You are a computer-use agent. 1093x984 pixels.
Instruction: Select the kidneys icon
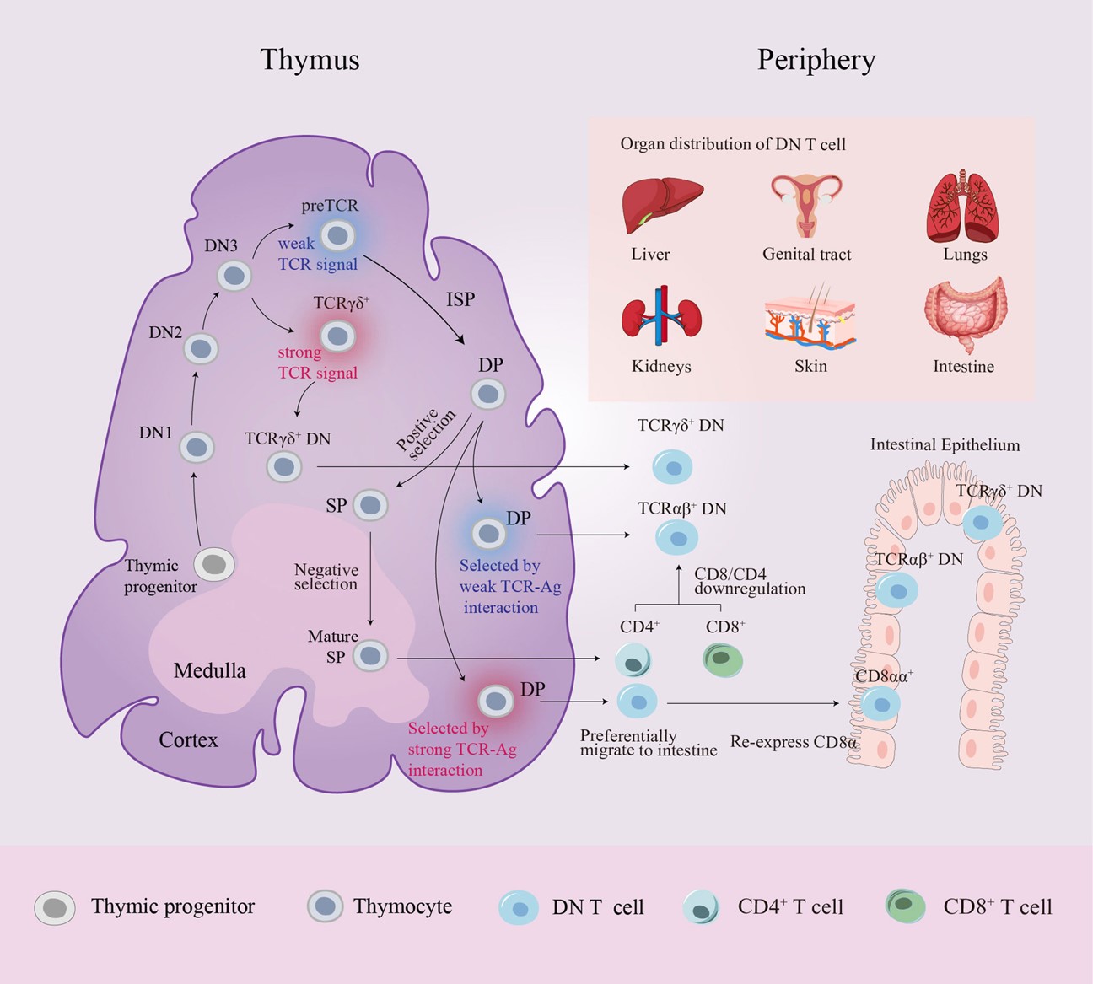[662, 318]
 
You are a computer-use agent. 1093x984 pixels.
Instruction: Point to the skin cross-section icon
[810, 319]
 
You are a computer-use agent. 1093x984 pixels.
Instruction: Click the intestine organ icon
[965, 315]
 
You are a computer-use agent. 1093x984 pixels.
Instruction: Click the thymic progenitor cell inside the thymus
[215, 564]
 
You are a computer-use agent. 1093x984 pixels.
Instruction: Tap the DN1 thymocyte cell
[197, 447]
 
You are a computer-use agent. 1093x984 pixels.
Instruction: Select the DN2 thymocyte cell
[202, 348]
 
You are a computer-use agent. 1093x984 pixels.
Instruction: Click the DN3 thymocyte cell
[234, 276]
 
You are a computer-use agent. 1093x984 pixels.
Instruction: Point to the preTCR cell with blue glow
[337, 236]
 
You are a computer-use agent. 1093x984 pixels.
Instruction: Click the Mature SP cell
[370, 656]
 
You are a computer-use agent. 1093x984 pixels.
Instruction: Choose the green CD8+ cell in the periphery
[723, 660]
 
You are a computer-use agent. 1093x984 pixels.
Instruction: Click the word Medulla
[209, 671]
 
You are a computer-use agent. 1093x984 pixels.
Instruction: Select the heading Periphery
[816, 60]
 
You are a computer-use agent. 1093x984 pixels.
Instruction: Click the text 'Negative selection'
[326, 578]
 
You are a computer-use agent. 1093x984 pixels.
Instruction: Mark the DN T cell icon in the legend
[520, 907]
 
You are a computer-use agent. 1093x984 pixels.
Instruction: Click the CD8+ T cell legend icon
[906, 906]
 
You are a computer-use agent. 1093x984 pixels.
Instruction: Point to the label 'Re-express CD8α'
[794, 743]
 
